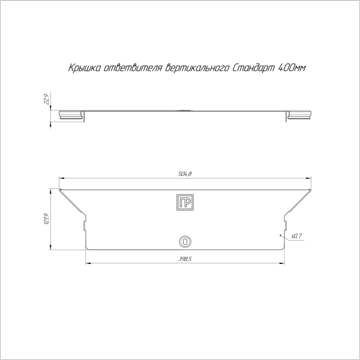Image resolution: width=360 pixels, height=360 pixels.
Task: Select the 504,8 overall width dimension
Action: click(185, 174)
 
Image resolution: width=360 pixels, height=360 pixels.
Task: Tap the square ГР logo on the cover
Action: click(185, 203)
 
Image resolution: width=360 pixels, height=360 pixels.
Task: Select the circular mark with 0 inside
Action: click(185, 242)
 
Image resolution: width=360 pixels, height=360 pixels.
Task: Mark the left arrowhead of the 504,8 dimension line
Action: click(61, 178)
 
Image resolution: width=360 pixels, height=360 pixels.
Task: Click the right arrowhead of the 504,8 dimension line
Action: click(309, 178)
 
